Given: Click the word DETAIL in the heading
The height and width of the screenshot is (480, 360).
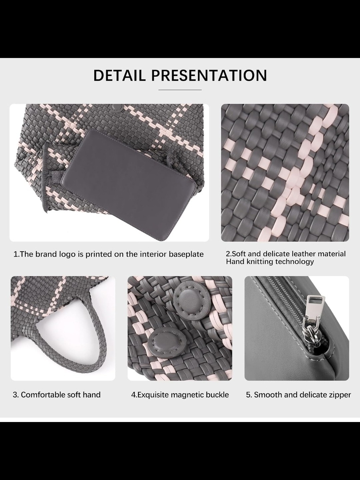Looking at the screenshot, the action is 120,76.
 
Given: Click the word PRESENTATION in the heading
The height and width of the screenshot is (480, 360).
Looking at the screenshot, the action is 209,76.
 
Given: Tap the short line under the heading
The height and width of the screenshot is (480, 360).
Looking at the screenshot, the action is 180,90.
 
